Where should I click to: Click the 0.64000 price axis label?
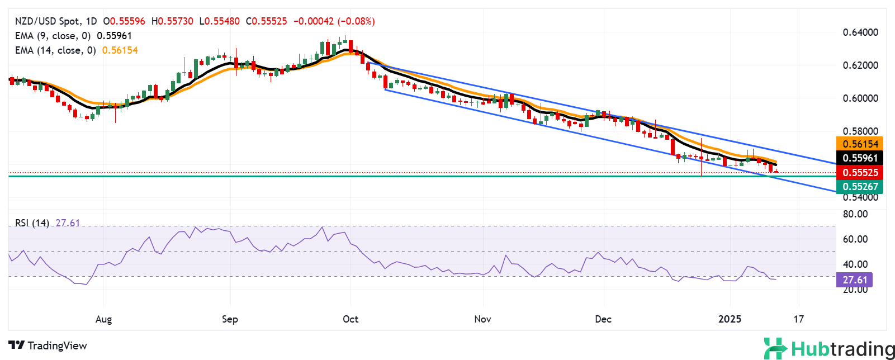point(860,32)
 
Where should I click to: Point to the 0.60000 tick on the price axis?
point(860,98)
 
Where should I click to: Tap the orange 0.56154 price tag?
point(860,144)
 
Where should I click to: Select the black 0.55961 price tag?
point(860,158)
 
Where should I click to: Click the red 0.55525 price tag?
point(860,173)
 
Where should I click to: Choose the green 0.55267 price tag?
point(860,187)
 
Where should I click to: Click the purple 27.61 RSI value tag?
point(854,280)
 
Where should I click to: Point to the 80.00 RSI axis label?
point(855,214)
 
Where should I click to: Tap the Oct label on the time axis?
point(351,319)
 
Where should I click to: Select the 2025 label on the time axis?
point(730,319)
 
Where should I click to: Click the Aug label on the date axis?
point(104,319)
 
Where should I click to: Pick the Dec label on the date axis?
point(603,319)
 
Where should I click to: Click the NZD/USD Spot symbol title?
point(47,21)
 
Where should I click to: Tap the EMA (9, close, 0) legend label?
point(53,36)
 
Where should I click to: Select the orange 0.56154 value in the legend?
point(120,50)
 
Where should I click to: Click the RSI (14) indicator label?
point(32,223)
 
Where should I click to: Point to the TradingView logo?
point(48,345)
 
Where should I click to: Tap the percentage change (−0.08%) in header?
point(357,21)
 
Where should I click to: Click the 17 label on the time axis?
point(799,319)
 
